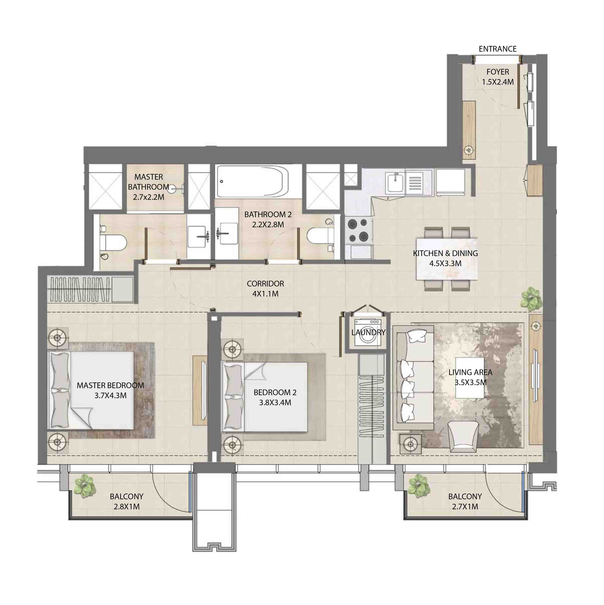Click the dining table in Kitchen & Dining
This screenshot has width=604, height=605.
coord(447,259)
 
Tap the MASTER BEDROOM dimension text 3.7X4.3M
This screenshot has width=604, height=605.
coord(111,396)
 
